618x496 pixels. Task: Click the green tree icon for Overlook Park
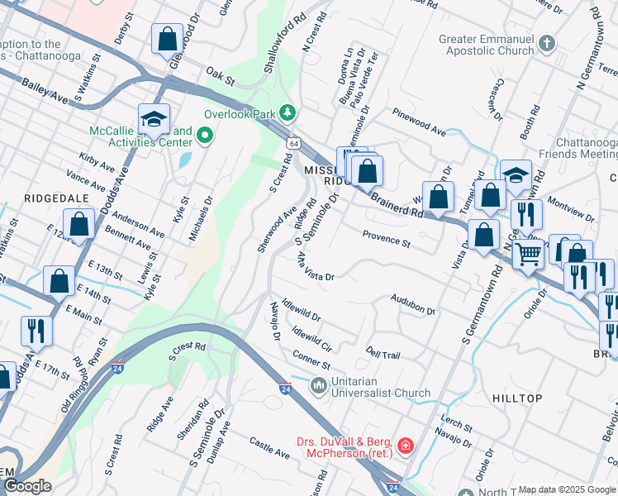(287, 112)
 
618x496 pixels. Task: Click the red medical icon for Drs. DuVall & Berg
(405, 447)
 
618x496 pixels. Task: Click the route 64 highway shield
(294, 144)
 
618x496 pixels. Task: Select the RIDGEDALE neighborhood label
(51, 198)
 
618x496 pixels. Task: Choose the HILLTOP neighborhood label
(517, 398)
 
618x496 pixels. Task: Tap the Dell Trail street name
(383, 354)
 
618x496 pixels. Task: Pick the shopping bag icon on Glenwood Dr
(167, 39)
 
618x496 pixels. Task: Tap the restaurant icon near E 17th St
(36, 331)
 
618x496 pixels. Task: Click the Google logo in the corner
(27, 486)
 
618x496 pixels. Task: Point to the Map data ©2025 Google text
(566, 489)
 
